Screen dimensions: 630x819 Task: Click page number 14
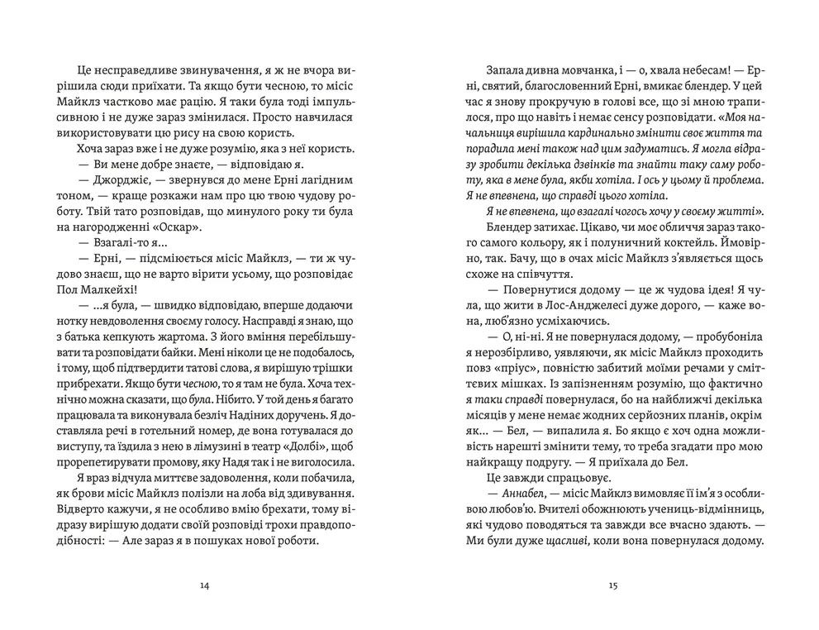[x=205, y=587]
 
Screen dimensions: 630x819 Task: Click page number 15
[x=612, y=587]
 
